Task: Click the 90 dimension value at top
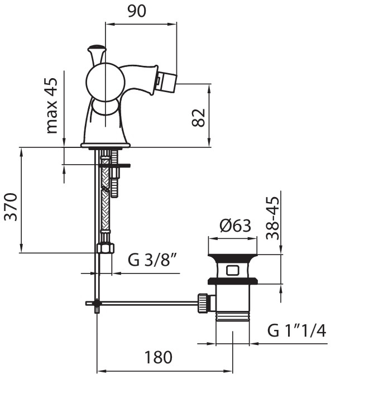(x=137, y=11)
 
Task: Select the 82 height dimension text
(x=199, y=118)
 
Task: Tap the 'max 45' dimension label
(x=52, y=106)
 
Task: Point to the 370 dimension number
(x=11, y=207)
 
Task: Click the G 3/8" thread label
(x=152, y=260)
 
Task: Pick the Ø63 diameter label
(x=235, y=226)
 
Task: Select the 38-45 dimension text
(x=272, y=218)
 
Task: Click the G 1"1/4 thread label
(x=296, y=330)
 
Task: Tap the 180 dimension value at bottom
(x=158, y=357)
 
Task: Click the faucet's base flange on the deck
(x=106, y=145)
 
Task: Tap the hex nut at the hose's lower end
(x=106, y=248)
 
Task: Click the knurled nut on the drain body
(x=203, y=303)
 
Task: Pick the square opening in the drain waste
(x=233, y=270)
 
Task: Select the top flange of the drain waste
(x=233, y=257)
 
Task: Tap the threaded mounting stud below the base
(x=114, y=174)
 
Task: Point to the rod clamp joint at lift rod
(x=97, y=303)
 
